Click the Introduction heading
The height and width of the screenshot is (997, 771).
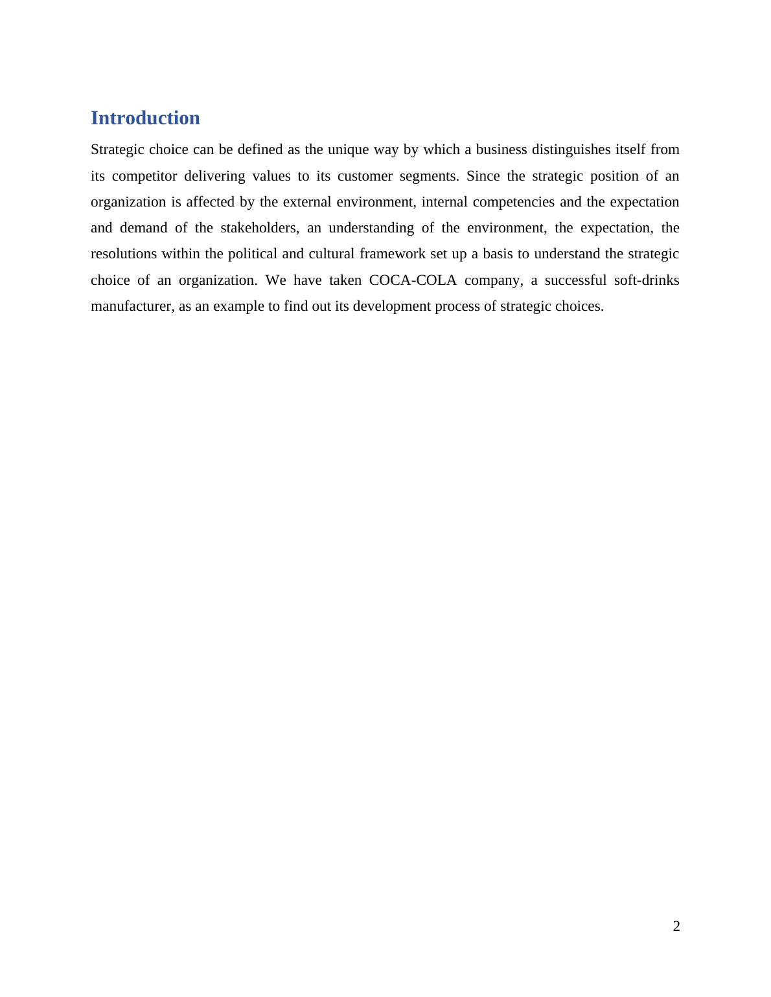tap(145, 118)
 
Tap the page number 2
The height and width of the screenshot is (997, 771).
tap(676, 926)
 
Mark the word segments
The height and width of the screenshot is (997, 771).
tap(428, 176)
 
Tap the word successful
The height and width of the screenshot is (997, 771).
tap(577, 280)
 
